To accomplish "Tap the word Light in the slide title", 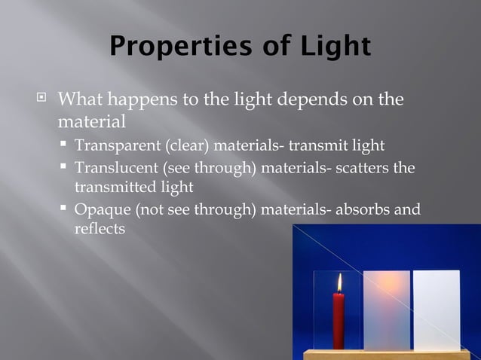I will (332, 46).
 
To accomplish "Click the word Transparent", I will (117, 145).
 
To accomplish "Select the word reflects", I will (100, 228).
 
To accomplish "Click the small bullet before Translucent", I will (66, 167).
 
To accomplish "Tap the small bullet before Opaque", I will (66, 209).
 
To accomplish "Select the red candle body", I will (339, 320).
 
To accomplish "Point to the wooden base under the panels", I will (384, 355).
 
